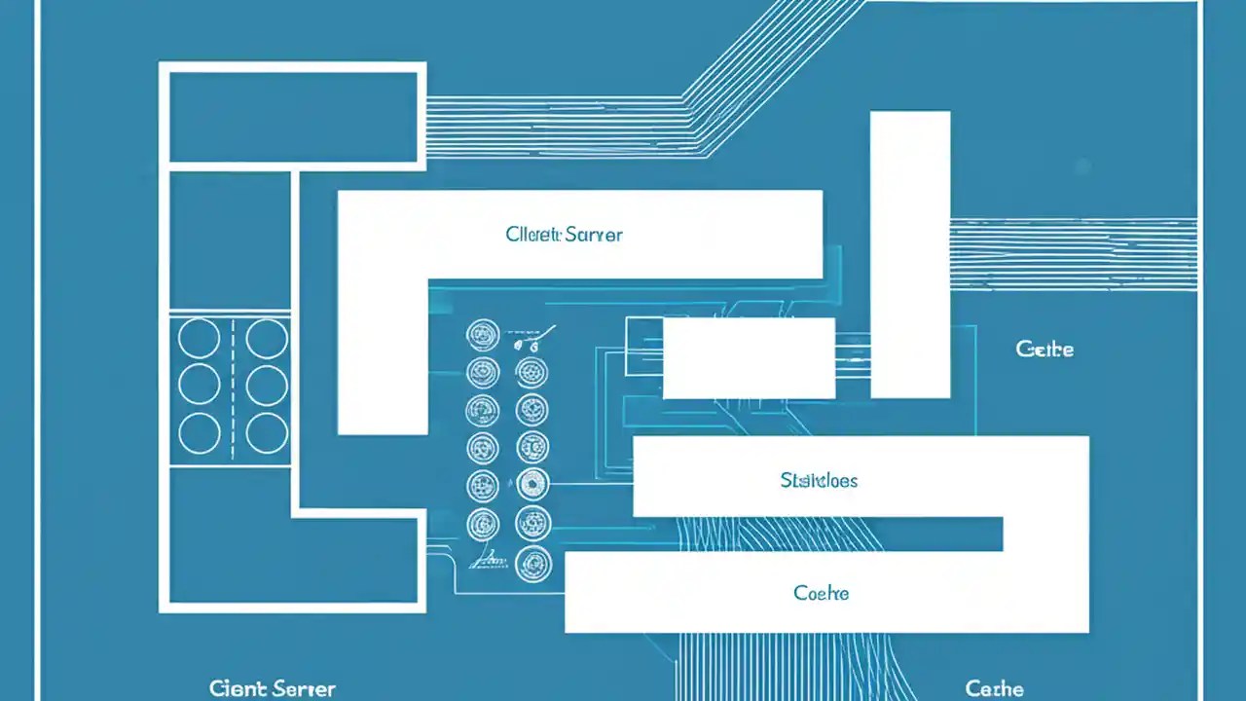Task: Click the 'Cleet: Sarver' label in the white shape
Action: pos(564,235)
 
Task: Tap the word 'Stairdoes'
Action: pos(819,480)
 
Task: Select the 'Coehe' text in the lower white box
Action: pos(821,593)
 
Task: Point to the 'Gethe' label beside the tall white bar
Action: pos(1044,350)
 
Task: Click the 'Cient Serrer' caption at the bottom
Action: pos(273,689)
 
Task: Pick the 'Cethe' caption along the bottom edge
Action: pos(994,689)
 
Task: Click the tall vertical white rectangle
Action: pos(909,254)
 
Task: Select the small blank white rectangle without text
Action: pos(748,358)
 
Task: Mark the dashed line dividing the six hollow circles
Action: pos(234,387)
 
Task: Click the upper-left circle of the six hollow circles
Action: pos(200,339)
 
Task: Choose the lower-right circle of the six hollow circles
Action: pos(267,432)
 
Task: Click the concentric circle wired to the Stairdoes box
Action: pos(531,483)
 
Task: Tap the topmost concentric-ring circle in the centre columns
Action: pos(483,336)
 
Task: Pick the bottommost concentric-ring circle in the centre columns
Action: pos(532,563)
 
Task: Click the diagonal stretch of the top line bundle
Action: pos(769,68)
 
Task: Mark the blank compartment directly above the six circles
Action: pos(230,240)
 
